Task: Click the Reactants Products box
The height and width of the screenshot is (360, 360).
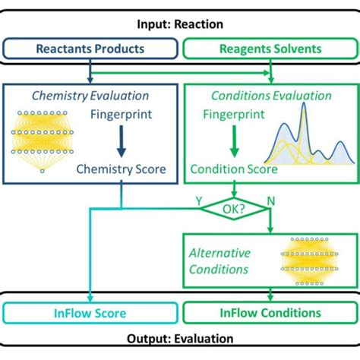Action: pyautogui.click(x=90, y=49)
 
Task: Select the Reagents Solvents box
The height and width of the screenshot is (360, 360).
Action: pyautogui.click(x=270, y=49)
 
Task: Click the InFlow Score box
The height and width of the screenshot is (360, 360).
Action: pyautogui.click(x=90, y=313)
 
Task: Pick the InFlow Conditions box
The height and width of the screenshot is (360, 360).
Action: pyautogui.click(x=270, y=313)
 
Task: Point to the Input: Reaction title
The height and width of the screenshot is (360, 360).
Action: pyautogui.click(x=180, y=24)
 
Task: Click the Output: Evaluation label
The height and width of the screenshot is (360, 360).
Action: pyautogui.click(x=180, y=339)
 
